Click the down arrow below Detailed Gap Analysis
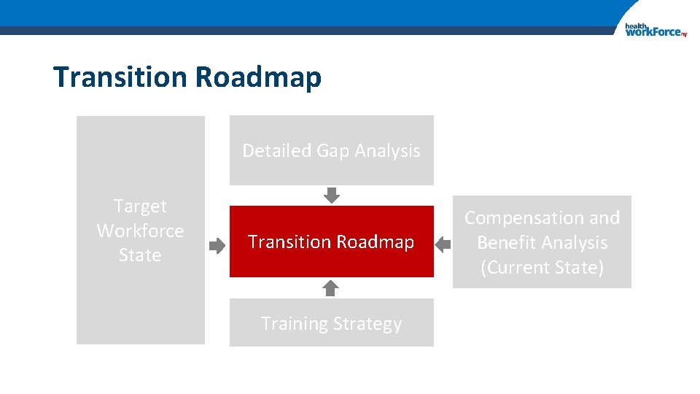332,195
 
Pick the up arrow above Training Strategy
331,287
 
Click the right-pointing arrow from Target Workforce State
217,246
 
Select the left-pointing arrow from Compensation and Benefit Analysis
443,246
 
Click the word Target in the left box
140,206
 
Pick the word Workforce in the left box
140,231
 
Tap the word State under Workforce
140,255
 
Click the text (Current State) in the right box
542,268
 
